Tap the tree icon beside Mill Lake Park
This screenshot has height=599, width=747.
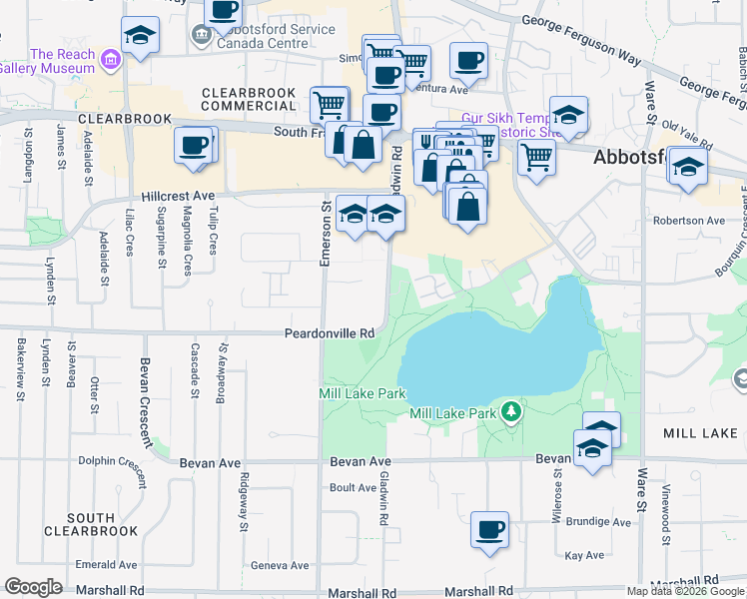click(x=511, y=410)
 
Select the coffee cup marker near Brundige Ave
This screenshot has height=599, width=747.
click(x=489, y=531)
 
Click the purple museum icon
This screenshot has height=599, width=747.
click(x=109, y=64)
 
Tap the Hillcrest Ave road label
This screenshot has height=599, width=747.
click(x=178, y=197)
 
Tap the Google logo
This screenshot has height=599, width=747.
click(x=33, y=588)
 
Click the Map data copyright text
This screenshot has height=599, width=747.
click(x=685, y=591)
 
